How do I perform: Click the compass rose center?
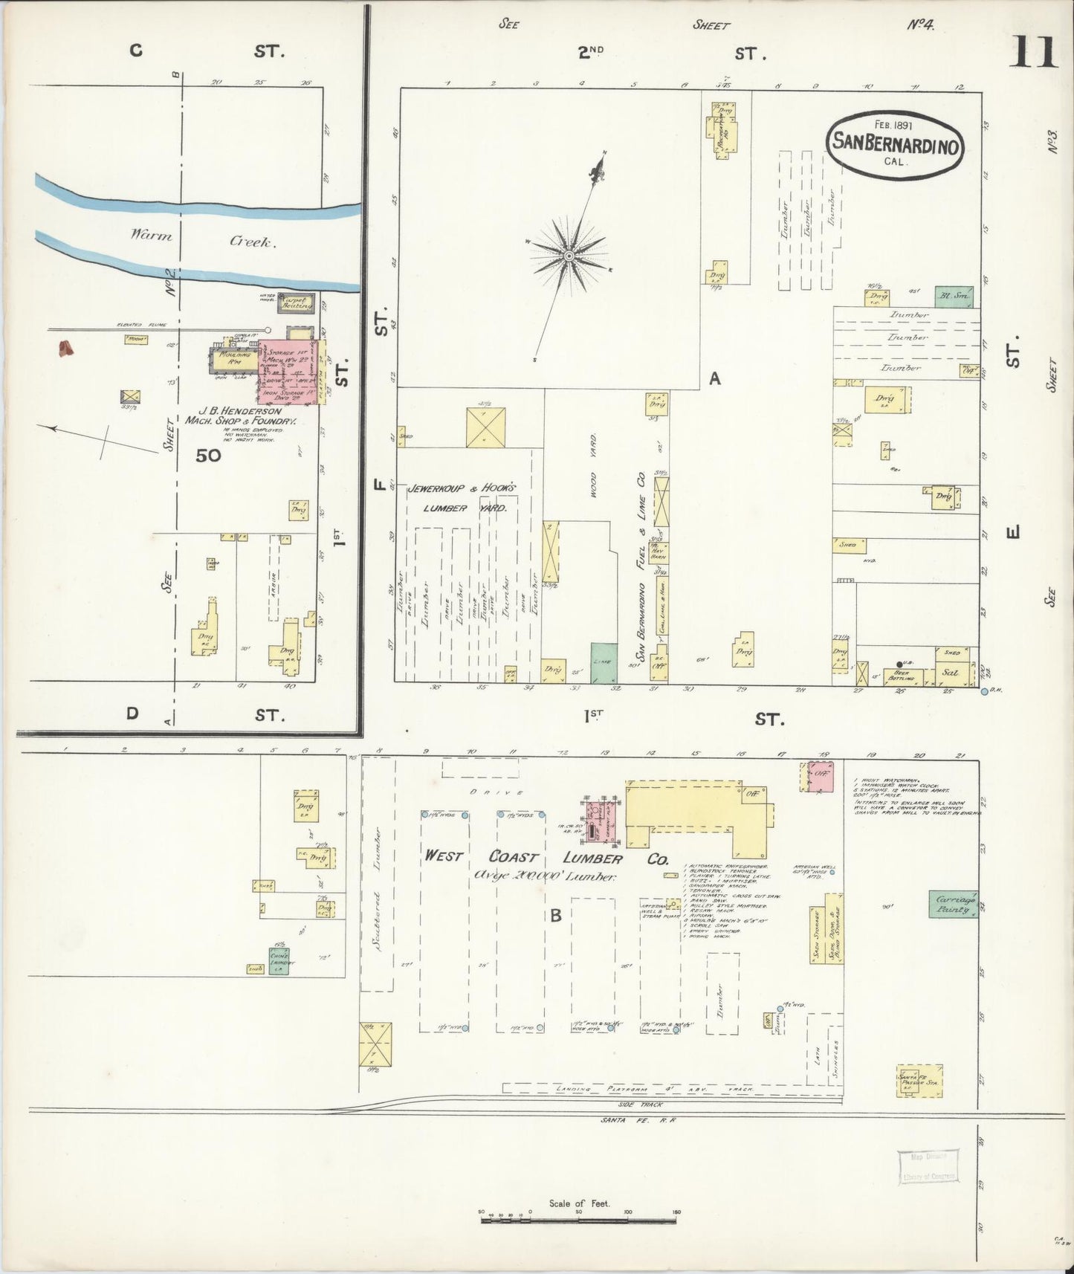(569, 256)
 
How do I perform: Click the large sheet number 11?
(1033, 52)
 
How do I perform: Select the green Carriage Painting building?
(953, 903)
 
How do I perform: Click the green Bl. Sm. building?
(954, 297)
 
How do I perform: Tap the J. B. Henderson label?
(239, 410)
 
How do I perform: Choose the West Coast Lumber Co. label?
(546, 857)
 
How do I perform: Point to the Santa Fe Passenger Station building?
(919, 1081)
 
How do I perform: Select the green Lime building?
(604, 662)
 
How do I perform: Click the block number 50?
(209, 456)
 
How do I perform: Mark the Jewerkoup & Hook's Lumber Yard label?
(462, 497)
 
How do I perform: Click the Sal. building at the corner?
(949, 672)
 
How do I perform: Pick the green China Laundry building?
(279, 961)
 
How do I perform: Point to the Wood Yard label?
(595, 476)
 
